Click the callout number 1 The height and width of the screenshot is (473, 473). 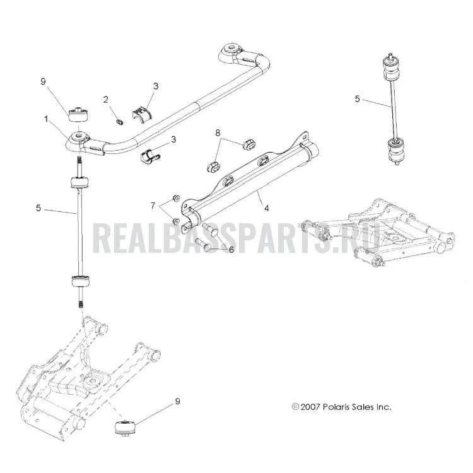pyautogui.click(x=46, y=119)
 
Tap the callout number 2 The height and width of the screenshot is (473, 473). pyautogui.click(x=105, y=99)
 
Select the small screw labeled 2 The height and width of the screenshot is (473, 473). pyautogui.click(x=120, y=122)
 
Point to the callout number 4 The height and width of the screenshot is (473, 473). pyautogui.click(x=266, y=208)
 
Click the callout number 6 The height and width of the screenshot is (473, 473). pyautogui.click(x=231, y=250)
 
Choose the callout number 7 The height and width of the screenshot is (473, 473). pyautogui.click(x=153, y=206)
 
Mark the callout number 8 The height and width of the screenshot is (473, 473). pyautogui.click(x=218, y=132)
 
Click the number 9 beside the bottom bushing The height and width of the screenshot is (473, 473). pyautogui.click(x=177, y=401)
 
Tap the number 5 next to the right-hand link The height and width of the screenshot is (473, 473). pyautogui.click(x=357, y=98)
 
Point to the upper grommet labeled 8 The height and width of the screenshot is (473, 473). pyautogui.click(x=249, y=144)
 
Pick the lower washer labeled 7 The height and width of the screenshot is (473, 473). pyautogui.click(x=175, y=221)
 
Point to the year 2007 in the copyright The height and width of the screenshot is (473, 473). pyautogui.click(x=310, y=407)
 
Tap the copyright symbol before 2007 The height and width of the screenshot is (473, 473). pyautogui.click(x=295, y=407)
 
